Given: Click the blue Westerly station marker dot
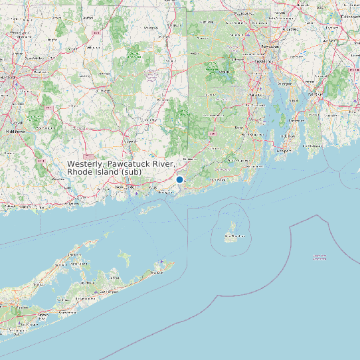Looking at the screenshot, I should pos(179,179).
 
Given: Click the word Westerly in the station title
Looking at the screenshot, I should pos(84,163).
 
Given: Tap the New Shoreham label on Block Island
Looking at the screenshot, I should pos(232,236).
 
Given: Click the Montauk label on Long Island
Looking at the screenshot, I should pos(159,272).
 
